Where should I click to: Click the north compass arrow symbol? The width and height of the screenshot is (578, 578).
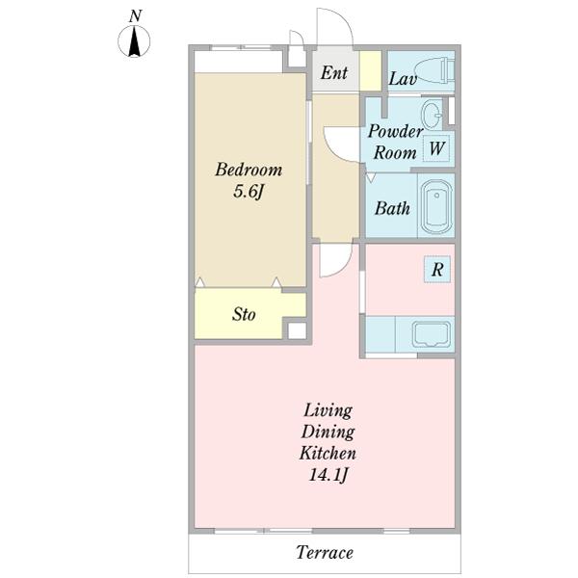coord(134,41)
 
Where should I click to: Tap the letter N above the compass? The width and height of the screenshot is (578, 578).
coord(135,15)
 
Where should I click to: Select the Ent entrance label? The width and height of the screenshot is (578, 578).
coord(333,72)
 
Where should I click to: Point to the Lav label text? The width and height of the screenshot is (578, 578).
coord(403,79)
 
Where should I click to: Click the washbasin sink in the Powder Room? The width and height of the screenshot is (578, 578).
coord(432,112)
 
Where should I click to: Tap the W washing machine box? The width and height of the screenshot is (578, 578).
coord(436,148)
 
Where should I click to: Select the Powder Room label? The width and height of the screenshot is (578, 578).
coord(395,142)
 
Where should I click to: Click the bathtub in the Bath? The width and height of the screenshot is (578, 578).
coord(436,207)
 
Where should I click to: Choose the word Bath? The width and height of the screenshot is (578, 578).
coord(392,208)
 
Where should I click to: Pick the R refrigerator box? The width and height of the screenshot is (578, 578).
coord(437,269)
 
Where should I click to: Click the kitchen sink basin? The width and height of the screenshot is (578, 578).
coord(432,334)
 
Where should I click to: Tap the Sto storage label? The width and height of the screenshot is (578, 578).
coord(244,314)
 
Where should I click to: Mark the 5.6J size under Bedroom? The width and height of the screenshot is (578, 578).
coord(249,192)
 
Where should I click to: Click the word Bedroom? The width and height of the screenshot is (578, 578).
coord(249,170)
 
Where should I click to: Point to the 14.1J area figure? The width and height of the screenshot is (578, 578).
coord(328,474)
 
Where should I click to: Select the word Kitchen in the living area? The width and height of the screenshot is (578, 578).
coord(328,453)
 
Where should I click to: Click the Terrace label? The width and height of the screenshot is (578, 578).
coord(325,553)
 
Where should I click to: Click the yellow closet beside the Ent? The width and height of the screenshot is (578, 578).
coord(371,70)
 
